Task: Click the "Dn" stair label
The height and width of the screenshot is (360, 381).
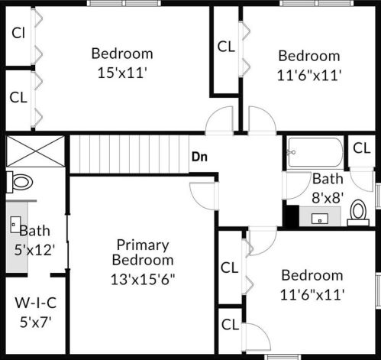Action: click(x=199, y=157)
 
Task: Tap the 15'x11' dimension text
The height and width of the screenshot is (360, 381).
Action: click(x=122, y=73)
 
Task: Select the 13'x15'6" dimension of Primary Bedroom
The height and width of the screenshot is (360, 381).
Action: click(x=143, y=279)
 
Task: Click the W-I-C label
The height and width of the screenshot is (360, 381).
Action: click(x=36, y=303)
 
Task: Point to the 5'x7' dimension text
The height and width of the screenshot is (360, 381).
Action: click(x=36, y=322)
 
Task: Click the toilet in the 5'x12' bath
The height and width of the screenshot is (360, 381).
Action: click(x=20, y=182)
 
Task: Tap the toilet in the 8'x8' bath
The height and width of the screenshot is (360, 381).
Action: click(x=358, y=212)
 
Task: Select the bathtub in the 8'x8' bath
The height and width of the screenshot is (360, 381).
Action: click(x=315, y=152)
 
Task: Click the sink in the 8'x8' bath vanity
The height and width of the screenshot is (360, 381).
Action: click(x=320, y=219)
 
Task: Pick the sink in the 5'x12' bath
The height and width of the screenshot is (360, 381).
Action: click(x=15, y=225)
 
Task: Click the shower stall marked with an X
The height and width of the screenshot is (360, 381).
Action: click(x=35, y=151)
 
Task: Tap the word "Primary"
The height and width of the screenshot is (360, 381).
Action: click(x=143, y=245)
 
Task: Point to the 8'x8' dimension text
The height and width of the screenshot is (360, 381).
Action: click(x=328, y=197)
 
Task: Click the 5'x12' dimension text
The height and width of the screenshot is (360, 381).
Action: click(x=34, y=250)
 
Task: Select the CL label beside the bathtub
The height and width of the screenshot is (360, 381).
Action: click(x=362, y=148)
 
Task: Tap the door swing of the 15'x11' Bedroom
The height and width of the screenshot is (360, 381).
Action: click(x=219, y=119)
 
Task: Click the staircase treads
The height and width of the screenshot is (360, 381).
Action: click(x=129, y=154)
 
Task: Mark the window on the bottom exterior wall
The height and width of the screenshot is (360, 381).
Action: click(x=283, y=357)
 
